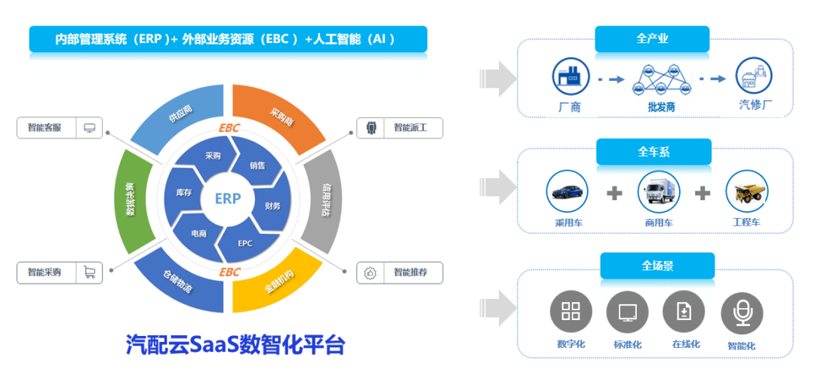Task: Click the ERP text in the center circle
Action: pos(227,199)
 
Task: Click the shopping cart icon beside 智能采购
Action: pos(90,273)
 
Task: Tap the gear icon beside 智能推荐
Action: pos(370,273)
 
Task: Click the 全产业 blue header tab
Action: pos(652,38)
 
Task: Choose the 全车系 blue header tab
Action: pos(654,152)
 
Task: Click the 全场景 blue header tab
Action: pos(657,266)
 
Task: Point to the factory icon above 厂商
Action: pos(570,75)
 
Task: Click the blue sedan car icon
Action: pos(567,192)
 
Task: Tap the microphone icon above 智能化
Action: pos(742,313)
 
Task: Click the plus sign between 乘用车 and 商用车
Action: pos(615,193)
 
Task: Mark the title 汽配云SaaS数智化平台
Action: pos(235,345)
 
